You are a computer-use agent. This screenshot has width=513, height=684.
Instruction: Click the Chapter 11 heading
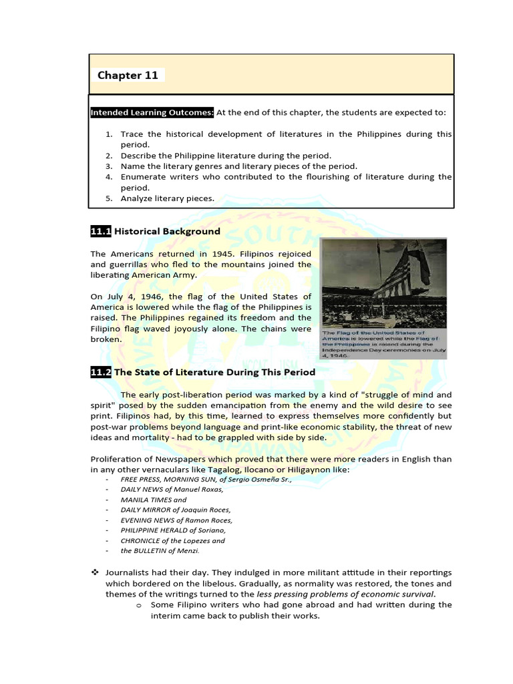pyautogui.click(x=128, y=75)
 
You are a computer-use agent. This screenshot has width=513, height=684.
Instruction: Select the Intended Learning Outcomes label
pyautogui.click(x=152, y=113)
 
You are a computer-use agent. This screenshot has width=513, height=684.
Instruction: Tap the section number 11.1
pyautogui.click(x=100, y=231)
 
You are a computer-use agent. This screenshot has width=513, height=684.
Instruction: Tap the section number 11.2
pyautogui.click(x=100, y=371)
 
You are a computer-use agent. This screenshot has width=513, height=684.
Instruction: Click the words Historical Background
pyautogui.click(x=167, y=231)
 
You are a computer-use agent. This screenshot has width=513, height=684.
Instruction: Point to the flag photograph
pyautogui.click(x=383, y=281)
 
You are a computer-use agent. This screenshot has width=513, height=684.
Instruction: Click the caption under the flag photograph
pyautogui.click(x=383, y=343)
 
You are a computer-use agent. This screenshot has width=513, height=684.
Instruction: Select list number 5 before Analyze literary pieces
pyautogui.click(x=108, y=198)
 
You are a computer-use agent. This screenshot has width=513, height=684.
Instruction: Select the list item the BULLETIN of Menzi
pyautogui.click(x=160, y=551)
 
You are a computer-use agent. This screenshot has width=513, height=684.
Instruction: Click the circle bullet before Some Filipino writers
pyautogui.click(x=138, y=605)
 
